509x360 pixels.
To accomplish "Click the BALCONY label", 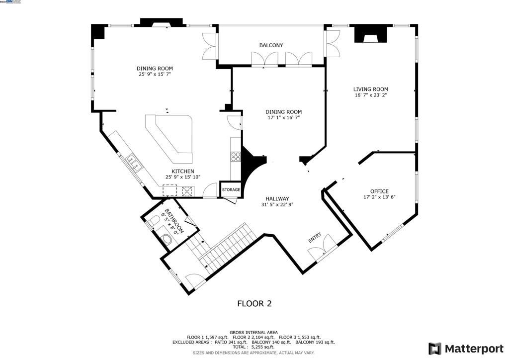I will coord(271,45).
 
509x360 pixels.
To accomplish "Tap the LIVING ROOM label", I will coord(371,90).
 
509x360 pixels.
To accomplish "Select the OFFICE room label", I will coord(379,191).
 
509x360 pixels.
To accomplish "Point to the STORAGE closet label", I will coord(231,190).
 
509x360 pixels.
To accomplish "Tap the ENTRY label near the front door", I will coord(315,238).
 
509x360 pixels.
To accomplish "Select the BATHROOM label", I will coord(174,221).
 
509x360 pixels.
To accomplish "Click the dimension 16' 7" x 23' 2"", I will coord(371,95).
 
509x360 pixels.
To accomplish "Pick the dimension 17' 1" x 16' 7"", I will coord(283,118).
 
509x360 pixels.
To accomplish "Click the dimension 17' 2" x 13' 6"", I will coord(379,197).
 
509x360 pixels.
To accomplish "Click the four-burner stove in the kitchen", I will coord(236,157).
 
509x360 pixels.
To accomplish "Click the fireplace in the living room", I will coord(370,35).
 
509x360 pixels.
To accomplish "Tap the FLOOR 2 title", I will coord(254,303).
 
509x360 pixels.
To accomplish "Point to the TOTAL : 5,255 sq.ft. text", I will coord(254,347).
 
